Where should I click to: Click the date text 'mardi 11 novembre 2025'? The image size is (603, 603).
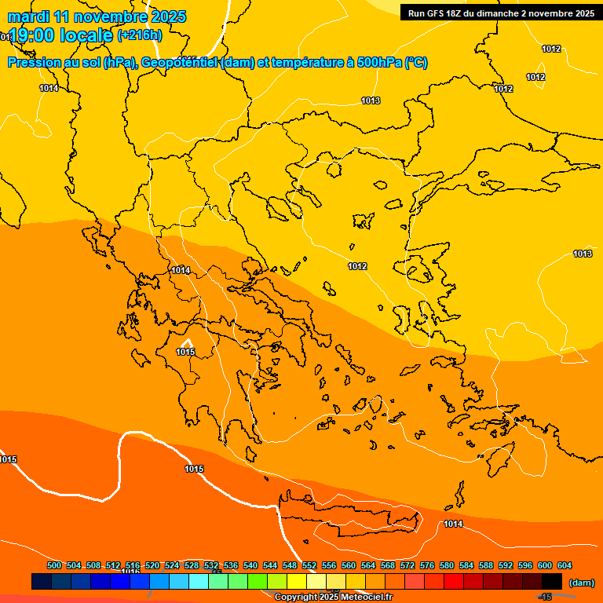pos(97,16)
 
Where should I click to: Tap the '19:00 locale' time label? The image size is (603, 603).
pos(61,35)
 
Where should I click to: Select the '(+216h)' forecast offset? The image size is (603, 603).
pos(140,35)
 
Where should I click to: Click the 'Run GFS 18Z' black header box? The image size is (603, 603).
pos(499,13)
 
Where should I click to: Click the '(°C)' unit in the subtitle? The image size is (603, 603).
pos(416,63)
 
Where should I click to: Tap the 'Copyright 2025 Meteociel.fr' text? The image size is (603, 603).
pos(334,598)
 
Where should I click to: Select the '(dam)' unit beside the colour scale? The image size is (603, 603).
pos(581,582)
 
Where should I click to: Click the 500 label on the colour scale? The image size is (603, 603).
pos(54,565)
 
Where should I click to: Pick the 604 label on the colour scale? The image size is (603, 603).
pos(565,565)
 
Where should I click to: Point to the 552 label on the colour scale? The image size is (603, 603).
pos(309,565)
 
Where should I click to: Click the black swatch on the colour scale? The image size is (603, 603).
pos(552,582)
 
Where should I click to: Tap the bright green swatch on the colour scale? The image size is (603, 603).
pos(257,582)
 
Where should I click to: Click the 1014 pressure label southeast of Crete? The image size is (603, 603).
pos(453,524)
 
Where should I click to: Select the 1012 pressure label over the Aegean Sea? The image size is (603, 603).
pos(357,266)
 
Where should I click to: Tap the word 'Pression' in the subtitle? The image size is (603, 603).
pos(32,63)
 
